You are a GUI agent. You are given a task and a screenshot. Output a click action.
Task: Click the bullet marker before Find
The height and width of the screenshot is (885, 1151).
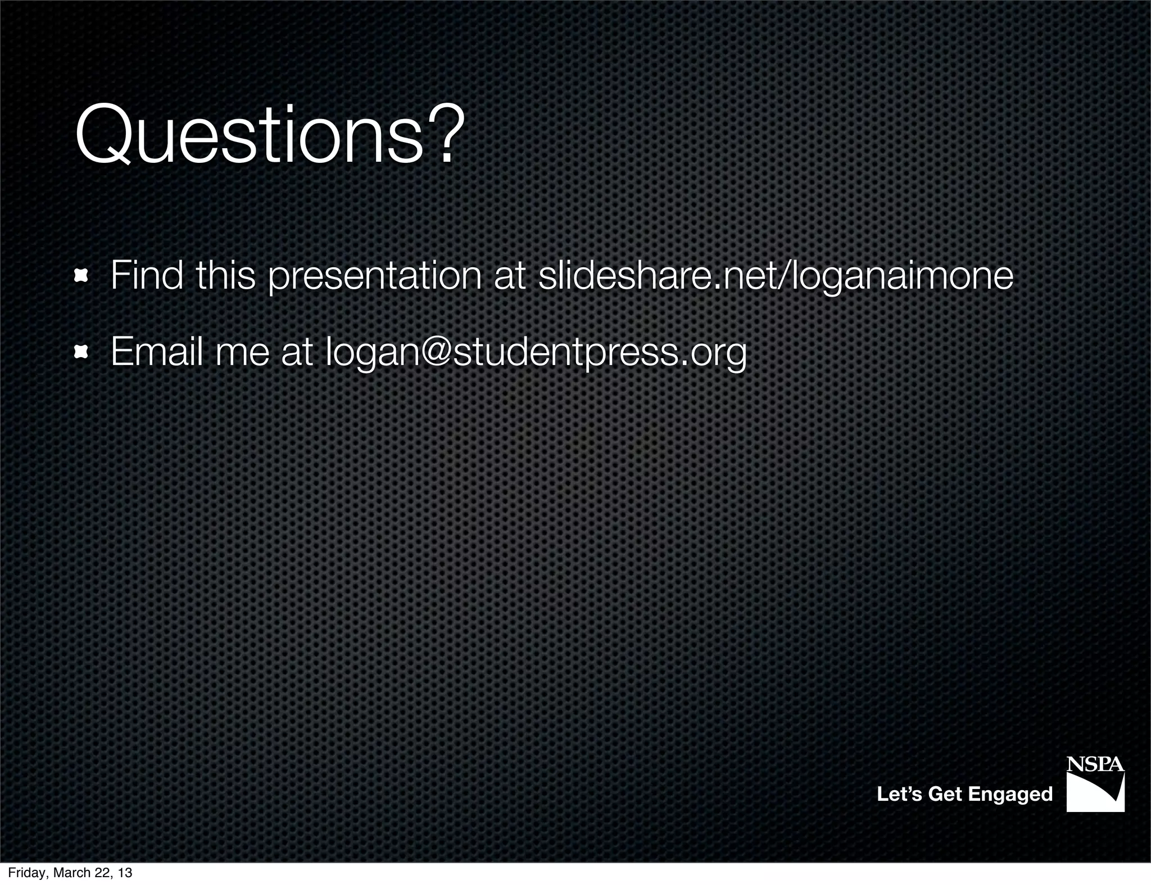click(x=81, y=276)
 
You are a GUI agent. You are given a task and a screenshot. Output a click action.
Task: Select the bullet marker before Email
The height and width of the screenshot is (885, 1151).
click(x=81, y=352)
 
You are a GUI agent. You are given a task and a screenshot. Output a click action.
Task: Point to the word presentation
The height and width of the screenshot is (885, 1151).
click(x=374, y=277)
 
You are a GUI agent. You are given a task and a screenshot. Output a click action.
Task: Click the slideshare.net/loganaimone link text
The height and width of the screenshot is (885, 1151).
click(x=776, y=277)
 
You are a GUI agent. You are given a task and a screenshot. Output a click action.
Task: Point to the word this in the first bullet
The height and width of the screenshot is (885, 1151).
click(x=225, y=276)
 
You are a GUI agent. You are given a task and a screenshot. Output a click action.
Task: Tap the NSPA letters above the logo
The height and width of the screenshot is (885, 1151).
click(x=1095, y=764)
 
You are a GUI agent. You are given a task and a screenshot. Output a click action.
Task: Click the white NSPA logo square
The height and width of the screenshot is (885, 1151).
click(x=1095, y=792)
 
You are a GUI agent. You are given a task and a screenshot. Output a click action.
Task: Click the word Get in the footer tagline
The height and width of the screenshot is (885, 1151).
click(x=945, y=794)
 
